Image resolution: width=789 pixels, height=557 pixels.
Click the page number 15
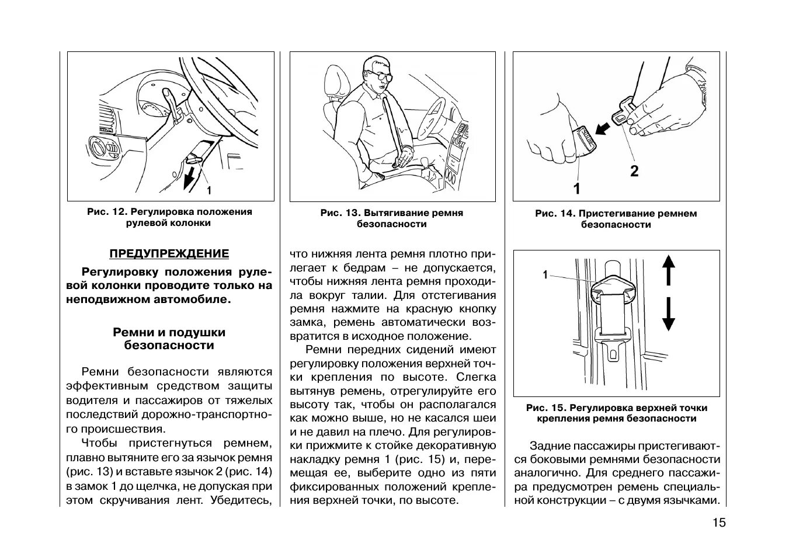pos(719,523)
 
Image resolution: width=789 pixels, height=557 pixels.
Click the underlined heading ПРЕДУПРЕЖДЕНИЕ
pos(169,253)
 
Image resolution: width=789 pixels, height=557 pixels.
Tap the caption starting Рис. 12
pos(169,217)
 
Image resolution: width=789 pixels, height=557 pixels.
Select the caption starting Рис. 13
pos(392,218)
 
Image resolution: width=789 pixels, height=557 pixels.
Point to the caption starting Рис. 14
pos(616,219)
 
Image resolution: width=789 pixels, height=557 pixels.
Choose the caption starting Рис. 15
pos(616,413)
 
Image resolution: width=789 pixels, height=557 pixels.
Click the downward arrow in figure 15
pos(668,315)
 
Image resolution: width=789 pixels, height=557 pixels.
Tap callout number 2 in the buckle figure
pos(634,171)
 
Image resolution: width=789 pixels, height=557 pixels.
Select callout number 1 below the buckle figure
pos(576,189)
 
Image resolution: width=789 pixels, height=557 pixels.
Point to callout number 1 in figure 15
pos(545,274)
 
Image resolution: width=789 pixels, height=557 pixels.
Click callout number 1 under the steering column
pos(208,190)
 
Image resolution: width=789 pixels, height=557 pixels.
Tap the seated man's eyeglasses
pos(380,75)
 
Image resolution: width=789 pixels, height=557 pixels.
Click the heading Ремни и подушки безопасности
pos(169,339)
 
